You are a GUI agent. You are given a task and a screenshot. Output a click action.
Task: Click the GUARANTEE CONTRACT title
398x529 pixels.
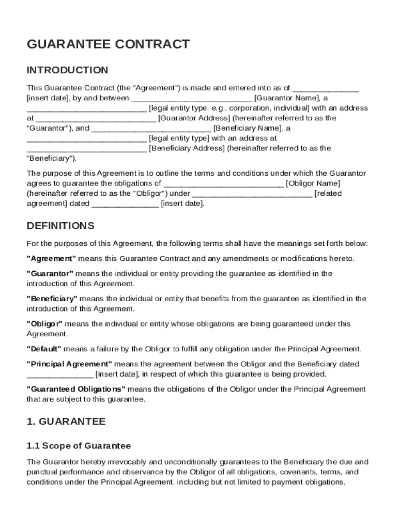pos(108,44)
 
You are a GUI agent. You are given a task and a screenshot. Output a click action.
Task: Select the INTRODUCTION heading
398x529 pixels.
pos(67,70)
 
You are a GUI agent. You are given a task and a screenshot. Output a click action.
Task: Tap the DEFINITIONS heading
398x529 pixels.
pos(60,226)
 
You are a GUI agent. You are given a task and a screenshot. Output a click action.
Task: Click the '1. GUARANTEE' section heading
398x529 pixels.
pos(66,422)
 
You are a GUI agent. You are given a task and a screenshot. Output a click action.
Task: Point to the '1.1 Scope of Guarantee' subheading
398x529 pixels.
pos(79,445)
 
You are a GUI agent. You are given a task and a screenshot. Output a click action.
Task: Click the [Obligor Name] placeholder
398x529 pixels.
pos(313,183)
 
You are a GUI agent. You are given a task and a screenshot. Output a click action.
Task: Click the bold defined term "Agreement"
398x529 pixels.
pos(51,258)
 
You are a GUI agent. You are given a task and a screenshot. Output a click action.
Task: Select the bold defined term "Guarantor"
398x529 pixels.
pos(50,273)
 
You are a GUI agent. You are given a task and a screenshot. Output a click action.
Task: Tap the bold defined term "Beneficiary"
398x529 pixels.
pos(52,299)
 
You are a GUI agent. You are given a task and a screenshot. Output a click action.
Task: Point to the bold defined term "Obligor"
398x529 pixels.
pos(44,324)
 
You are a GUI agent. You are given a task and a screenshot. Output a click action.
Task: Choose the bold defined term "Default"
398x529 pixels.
pos(44,349)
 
